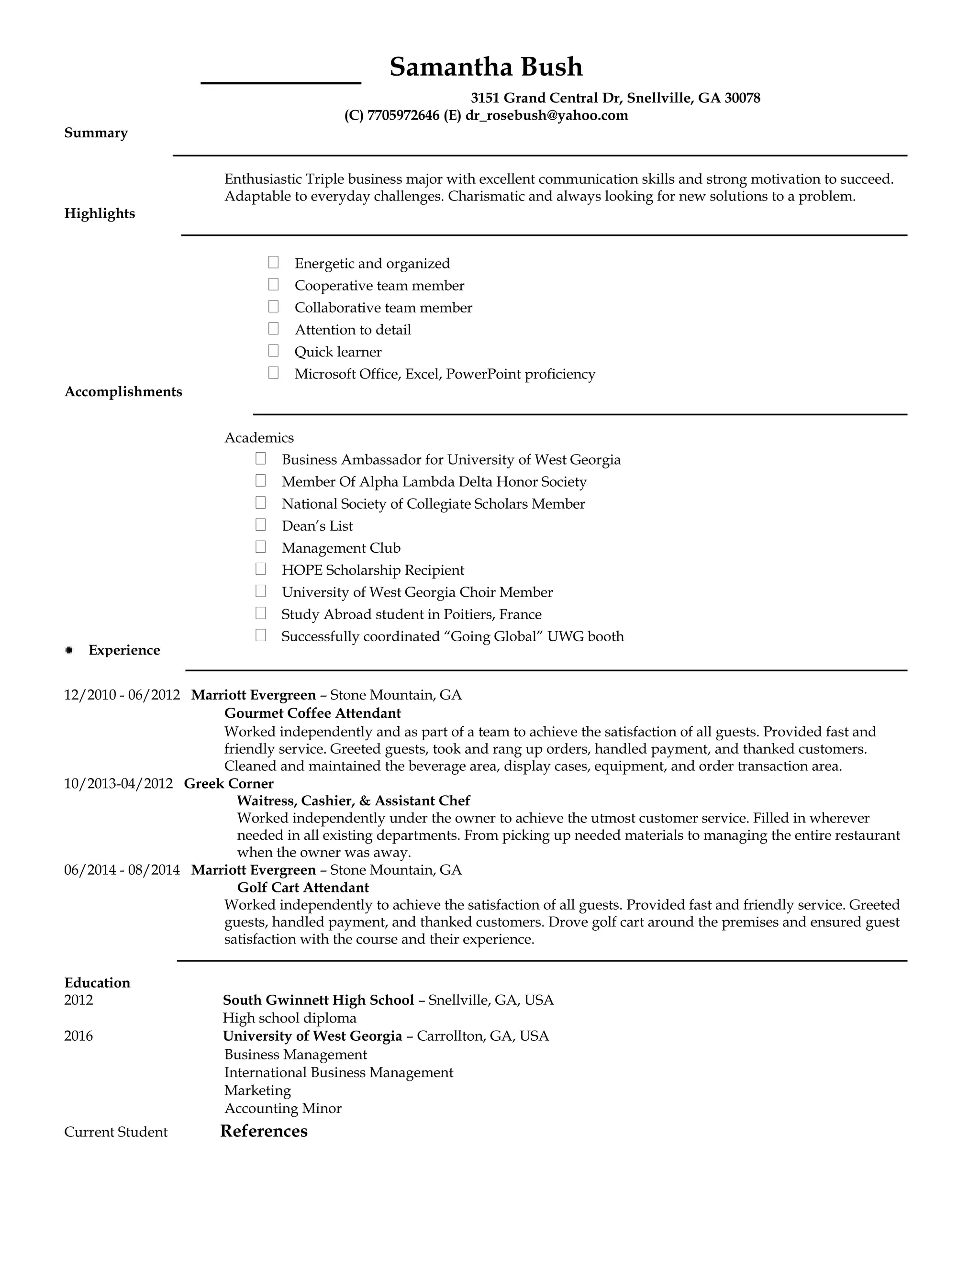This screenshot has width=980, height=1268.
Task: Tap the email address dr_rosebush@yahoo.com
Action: coord(546,115)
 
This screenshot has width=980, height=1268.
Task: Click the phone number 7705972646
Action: coord(403,115)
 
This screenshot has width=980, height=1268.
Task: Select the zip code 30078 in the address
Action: coord(743,98)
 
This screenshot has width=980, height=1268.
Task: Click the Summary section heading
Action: coord(96,133)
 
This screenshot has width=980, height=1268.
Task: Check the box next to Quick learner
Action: coord(273,351)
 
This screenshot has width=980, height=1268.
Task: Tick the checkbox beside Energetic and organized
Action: coord(273,262)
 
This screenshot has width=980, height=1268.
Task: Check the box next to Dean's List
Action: coord(261,525)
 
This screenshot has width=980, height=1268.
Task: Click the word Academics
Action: coord(259,438)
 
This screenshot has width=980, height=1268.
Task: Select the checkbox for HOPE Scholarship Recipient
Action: coord(261,569)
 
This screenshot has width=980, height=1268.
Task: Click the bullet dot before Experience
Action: coord(69,650)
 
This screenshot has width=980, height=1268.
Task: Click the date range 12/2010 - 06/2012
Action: coord(122,695)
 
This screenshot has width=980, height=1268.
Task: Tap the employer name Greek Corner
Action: coord(228,783)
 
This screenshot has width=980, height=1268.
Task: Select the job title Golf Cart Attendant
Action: coord(302,887)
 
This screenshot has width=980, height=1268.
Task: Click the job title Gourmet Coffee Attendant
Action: coord(312,713)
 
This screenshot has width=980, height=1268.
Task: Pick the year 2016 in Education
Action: coord(78,1036)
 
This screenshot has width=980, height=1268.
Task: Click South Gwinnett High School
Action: coord(318,1000)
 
